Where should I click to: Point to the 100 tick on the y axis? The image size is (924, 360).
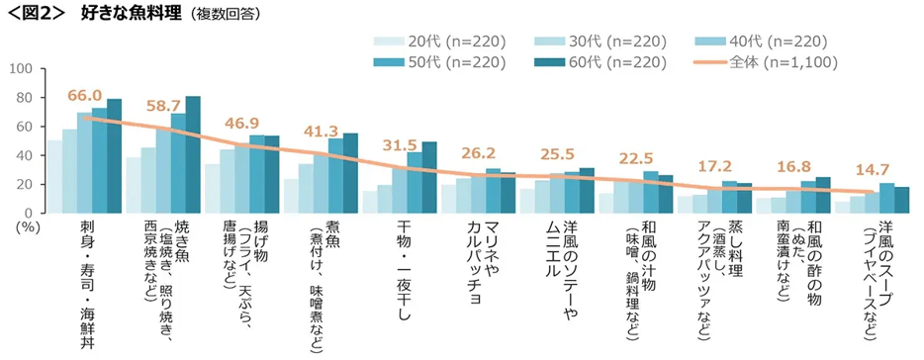pos(23,69)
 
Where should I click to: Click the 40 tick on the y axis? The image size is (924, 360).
pos(27,155)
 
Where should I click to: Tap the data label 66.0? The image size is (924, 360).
pos(84,96)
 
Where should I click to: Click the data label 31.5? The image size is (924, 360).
pos(400,146)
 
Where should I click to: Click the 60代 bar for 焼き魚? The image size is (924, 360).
pos(193,154)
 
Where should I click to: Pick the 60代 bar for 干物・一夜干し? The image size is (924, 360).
pos(429,177)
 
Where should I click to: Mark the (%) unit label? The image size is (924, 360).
pos(18,225)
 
